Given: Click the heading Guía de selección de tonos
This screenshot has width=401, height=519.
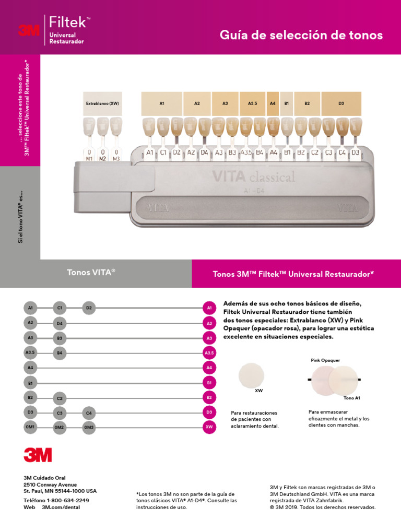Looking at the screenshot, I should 301,36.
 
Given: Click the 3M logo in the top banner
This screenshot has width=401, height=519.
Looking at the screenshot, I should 29,30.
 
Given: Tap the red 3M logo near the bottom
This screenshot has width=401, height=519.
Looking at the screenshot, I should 38,455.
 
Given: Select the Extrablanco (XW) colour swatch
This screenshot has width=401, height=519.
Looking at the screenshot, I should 102,103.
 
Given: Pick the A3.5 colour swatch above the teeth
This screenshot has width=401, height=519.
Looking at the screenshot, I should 253,103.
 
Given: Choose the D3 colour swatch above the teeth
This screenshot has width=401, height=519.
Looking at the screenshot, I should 341,103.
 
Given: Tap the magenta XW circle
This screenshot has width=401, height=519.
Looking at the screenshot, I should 209,427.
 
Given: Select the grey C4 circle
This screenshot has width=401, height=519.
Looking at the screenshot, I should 89,414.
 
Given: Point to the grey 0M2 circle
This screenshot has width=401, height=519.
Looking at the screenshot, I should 60,428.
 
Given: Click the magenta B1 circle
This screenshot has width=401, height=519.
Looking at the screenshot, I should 209,383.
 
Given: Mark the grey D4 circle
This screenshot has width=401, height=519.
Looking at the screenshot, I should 60,324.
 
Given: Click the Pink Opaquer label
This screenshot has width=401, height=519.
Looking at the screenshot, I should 325,360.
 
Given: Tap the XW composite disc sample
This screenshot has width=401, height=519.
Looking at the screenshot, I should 252,375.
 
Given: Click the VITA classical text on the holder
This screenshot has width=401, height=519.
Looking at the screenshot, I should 253,177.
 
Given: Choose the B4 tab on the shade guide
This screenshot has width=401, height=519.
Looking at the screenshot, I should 260,152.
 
